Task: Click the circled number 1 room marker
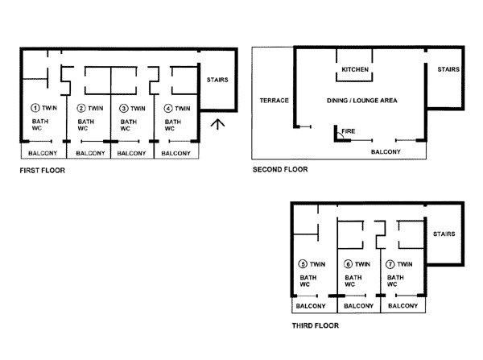[35, 108]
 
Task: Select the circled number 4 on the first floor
[168, 108]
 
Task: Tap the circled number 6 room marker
[348, 264]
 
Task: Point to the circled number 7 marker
[390, 264]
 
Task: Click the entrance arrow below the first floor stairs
[218, 124]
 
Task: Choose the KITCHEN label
[355, 69]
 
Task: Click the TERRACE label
[275, 100]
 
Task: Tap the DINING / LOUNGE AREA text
[362, 100]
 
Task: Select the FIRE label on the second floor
[349, 131]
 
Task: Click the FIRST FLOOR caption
[43, 171]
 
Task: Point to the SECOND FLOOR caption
[280, 169]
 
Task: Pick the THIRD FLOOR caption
[316, 325]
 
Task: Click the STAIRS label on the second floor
[448, 69]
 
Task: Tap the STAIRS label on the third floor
[444, 234]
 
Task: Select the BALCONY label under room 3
[131, 153]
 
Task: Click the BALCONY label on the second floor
[386, 151]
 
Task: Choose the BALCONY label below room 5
[311, 306]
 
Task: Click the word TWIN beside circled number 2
[96, 108]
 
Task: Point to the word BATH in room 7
[395, 277]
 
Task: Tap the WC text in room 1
[37, 128]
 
